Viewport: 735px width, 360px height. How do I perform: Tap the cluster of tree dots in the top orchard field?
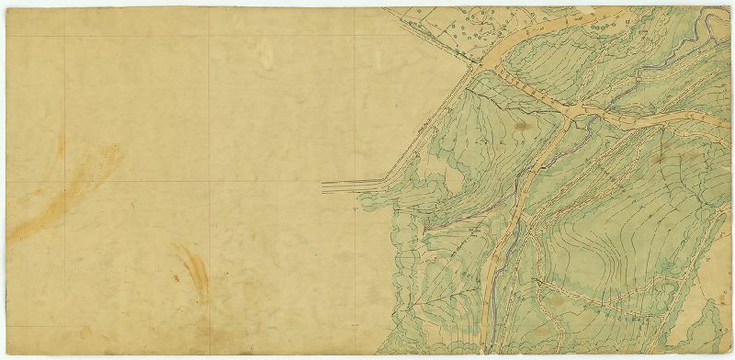tap(478, 23)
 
